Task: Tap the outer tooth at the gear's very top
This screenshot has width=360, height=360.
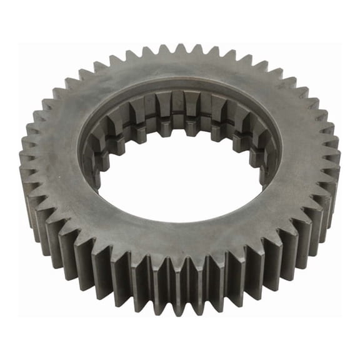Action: point(180,49)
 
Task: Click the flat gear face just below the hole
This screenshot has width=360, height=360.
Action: point(181,234)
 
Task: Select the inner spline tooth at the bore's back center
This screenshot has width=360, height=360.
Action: point(179,106)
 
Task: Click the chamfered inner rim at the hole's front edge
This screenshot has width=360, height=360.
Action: point(181,220)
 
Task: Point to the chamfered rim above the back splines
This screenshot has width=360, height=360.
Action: point(180,88)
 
